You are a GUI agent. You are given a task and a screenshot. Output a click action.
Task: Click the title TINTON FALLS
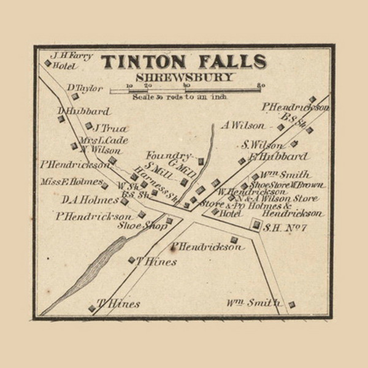183,62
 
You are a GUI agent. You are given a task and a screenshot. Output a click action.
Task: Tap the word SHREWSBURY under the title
184,78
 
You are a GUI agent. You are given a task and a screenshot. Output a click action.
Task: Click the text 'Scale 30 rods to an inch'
179,98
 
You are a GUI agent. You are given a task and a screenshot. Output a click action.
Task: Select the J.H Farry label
72,55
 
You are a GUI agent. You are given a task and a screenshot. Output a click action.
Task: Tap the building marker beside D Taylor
75,96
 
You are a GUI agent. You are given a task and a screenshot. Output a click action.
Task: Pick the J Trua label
109,128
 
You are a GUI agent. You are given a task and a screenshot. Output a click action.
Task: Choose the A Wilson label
243,125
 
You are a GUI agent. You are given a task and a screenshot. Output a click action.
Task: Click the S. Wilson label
262,145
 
